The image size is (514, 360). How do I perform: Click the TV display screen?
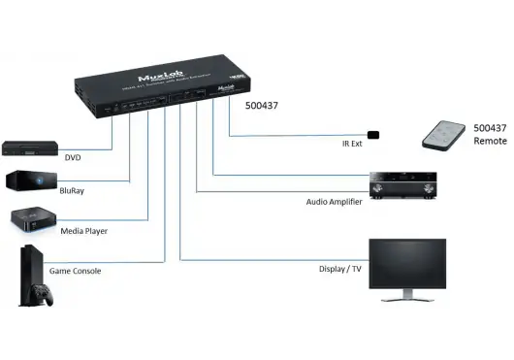[x=406, y=264]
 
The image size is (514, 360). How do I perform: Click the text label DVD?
[x=74, y=157]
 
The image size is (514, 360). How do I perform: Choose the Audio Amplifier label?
[x=327, y=203]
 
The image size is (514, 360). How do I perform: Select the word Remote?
[x=490, y=141]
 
